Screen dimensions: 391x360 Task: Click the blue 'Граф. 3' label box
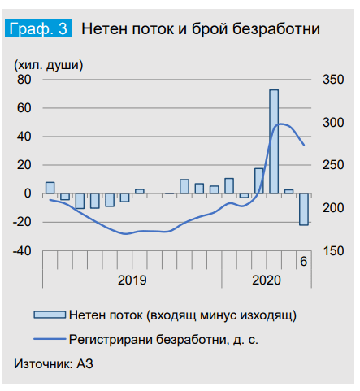point(39,29)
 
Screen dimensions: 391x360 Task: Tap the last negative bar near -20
point(304,209)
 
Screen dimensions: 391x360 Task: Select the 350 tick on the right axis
point(332,80)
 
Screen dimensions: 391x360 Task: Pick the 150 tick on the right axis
point(332,251)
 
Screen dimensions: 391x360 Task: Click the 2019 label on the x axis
point(132,280)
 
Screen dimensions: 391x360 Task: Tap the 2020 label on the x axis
point(267,280)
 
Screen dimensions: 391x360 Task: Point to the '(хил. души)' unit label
point(48,63)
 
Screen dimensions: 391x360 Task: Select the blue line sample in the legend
point(48,335)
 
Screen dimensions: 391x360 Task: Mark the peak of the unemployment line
point(281,124)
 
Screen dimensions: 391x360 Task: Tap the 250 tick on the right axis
point(332,165)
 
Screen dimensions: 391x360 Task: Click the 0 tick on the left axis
point(27,193)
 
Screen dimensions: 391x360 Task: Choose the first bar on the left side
point(50,188)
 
